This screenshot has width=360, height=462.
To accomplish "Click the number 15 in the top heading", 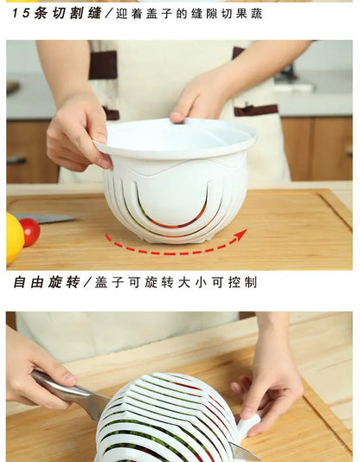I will pyautogui.click(x=20, y=12).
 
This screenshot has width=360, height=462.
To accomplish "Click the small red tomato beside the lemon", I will pyautogui.click(x=30, y=231).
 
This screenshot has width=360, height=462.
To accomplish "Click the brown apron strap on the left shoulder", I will pyautogui.click(x=103, y=65).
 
